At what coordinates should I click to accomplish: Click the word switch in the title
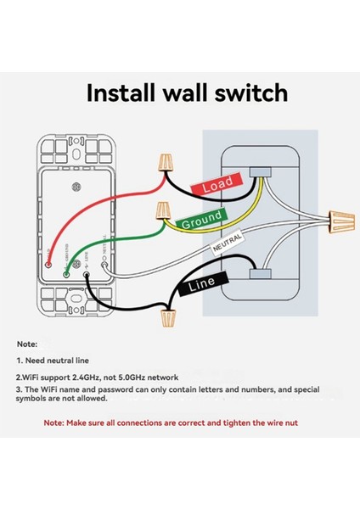(250, 92)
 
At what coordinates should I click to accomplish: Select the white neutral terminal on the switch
(104, 266)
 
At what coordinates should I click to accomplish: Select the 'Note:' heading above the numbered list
(26, 344)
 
